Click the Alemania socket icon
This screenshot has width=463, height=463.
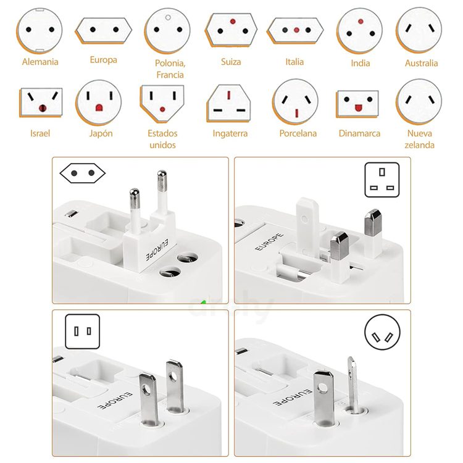[40, 30]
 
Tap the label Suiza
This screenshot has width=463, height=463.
[231, 62]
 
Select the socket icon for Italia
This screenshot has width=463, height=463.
[295, 30]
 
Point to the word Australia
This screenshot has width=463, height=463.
[422, 63]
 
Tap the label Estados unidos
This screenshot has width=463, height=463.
[162, 139]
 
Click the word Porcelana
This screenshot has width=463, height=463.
[298, 133]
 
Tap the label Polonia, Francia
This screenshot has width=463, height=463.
[170, 69]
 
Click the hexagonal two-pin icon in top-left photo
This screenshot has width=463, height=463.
[83, 173]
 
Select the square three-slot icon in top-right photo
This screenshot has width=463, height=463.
[382, 180]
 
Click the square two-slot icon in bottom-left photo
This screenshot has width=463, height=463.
[83, 332]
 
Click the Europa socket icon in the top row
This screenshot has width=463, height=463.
[104, 29]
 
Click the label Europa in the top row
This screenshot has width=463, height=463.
[103, 60]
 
